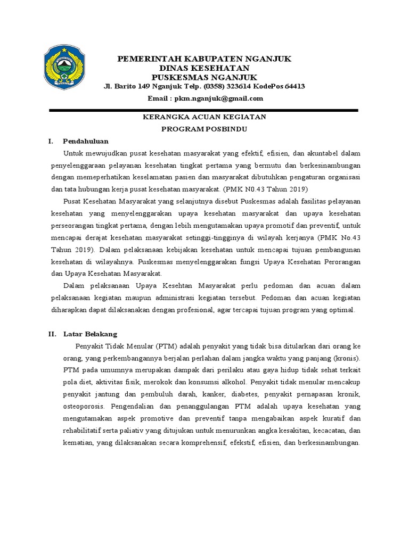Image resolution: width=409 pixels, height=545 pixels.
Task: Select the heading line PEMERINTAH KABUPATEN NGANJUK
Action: (x=204, y=59)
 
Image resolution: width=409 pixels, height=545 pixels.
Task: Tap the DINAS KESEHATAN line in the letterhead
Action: (x=204, y=69)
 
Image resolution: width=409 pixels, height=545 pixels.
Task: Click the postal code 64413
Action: (x=295, y=87)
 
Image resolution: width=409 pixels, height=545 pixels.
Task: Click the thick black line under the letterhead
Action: (x=204, y=110)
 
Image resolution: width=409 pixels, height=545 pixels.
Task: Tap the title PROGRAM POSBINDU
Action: (x=206, y=129)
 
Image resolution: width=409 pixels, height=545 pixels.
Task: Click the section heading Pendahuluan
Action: (x=86, y=141)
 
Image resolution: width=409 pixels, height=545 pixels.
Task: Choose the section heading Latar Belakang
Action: (x=90, y=334)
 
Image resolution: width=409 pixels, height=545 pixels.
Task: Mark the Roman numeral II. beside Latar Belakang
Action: (x=52, y=334)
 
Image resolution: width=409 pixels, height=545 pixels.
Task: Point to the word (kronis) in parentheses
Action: (x=347, y=357)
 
